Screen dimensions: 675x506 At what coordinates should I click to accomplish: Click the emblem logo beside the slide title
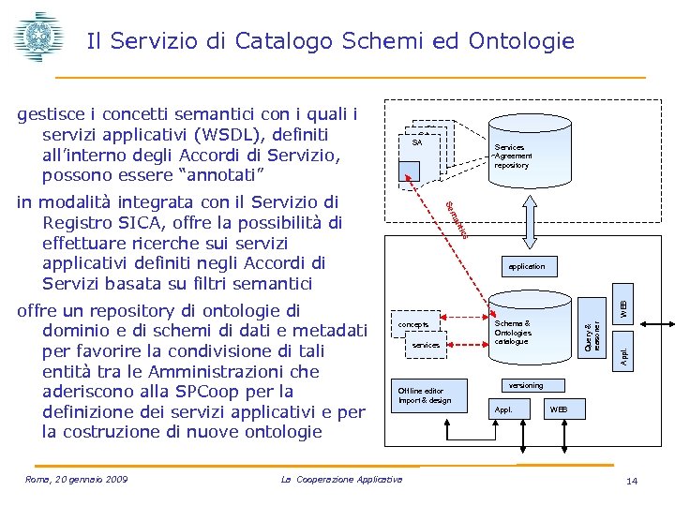click(37, 38)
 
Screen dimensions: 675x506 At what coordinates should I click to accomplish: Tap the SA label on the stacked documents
click(417, 143)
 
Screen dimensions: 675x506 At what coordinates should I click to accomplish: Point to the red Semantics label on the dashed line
click(456, 219)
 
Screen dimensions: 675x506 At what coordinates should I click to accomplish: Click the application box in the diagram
click(525, 266)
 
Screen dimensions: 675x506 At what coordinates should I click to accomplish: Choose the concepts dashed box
click(414, 324)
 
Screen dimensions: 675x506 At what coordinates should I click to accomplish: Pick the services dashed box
click(426, 345)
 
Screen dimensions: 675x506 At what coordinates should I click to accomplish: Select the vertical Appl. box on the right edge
click(622, 354)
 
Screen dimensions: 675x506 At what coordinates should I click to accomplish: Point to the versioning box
click(525, 385)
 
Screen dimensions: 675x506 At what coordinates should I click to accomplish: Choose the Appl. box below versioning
click(504, 409)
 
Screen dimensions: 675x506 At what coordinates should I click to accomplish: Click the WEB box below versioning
click(558, 409)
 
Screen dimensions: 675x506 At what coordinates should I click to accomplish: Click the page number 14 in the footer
click(631, 481)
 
